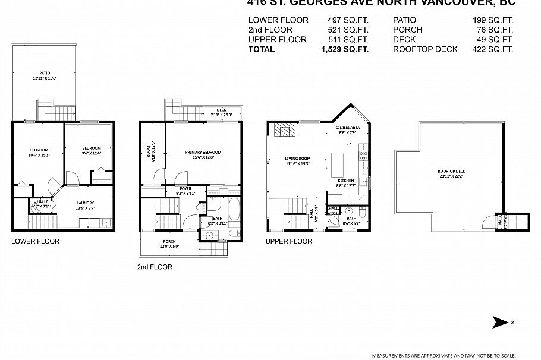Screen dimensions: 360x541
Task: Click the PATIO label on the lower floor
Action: click(x=45, y=73)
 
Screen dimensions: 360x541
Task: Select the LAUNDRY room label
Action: click(x=86, y=203)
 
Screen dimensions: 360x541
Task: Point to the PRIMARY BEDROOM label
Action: click(x=203, y=153)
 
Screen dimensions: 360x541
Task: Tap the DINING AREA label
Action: click(x=347, y=127)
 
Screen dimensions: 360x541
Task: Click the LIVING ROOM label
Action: click(x=298, y=159)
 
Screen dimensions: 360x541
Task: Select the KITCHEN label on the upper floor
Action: click(x=346, y=181)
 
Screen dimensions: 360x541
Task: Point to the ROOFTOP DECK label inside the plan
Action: click(x=452, y=172)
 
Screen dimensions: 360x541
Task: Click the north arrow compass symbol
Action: click(x=501, y=323)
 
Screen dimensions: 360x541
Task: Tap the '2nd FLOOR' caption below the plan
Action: click(x=155, y=267)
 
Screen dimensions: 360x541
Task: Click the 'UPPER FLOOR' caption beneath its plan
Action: click(x=289, y=241)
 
